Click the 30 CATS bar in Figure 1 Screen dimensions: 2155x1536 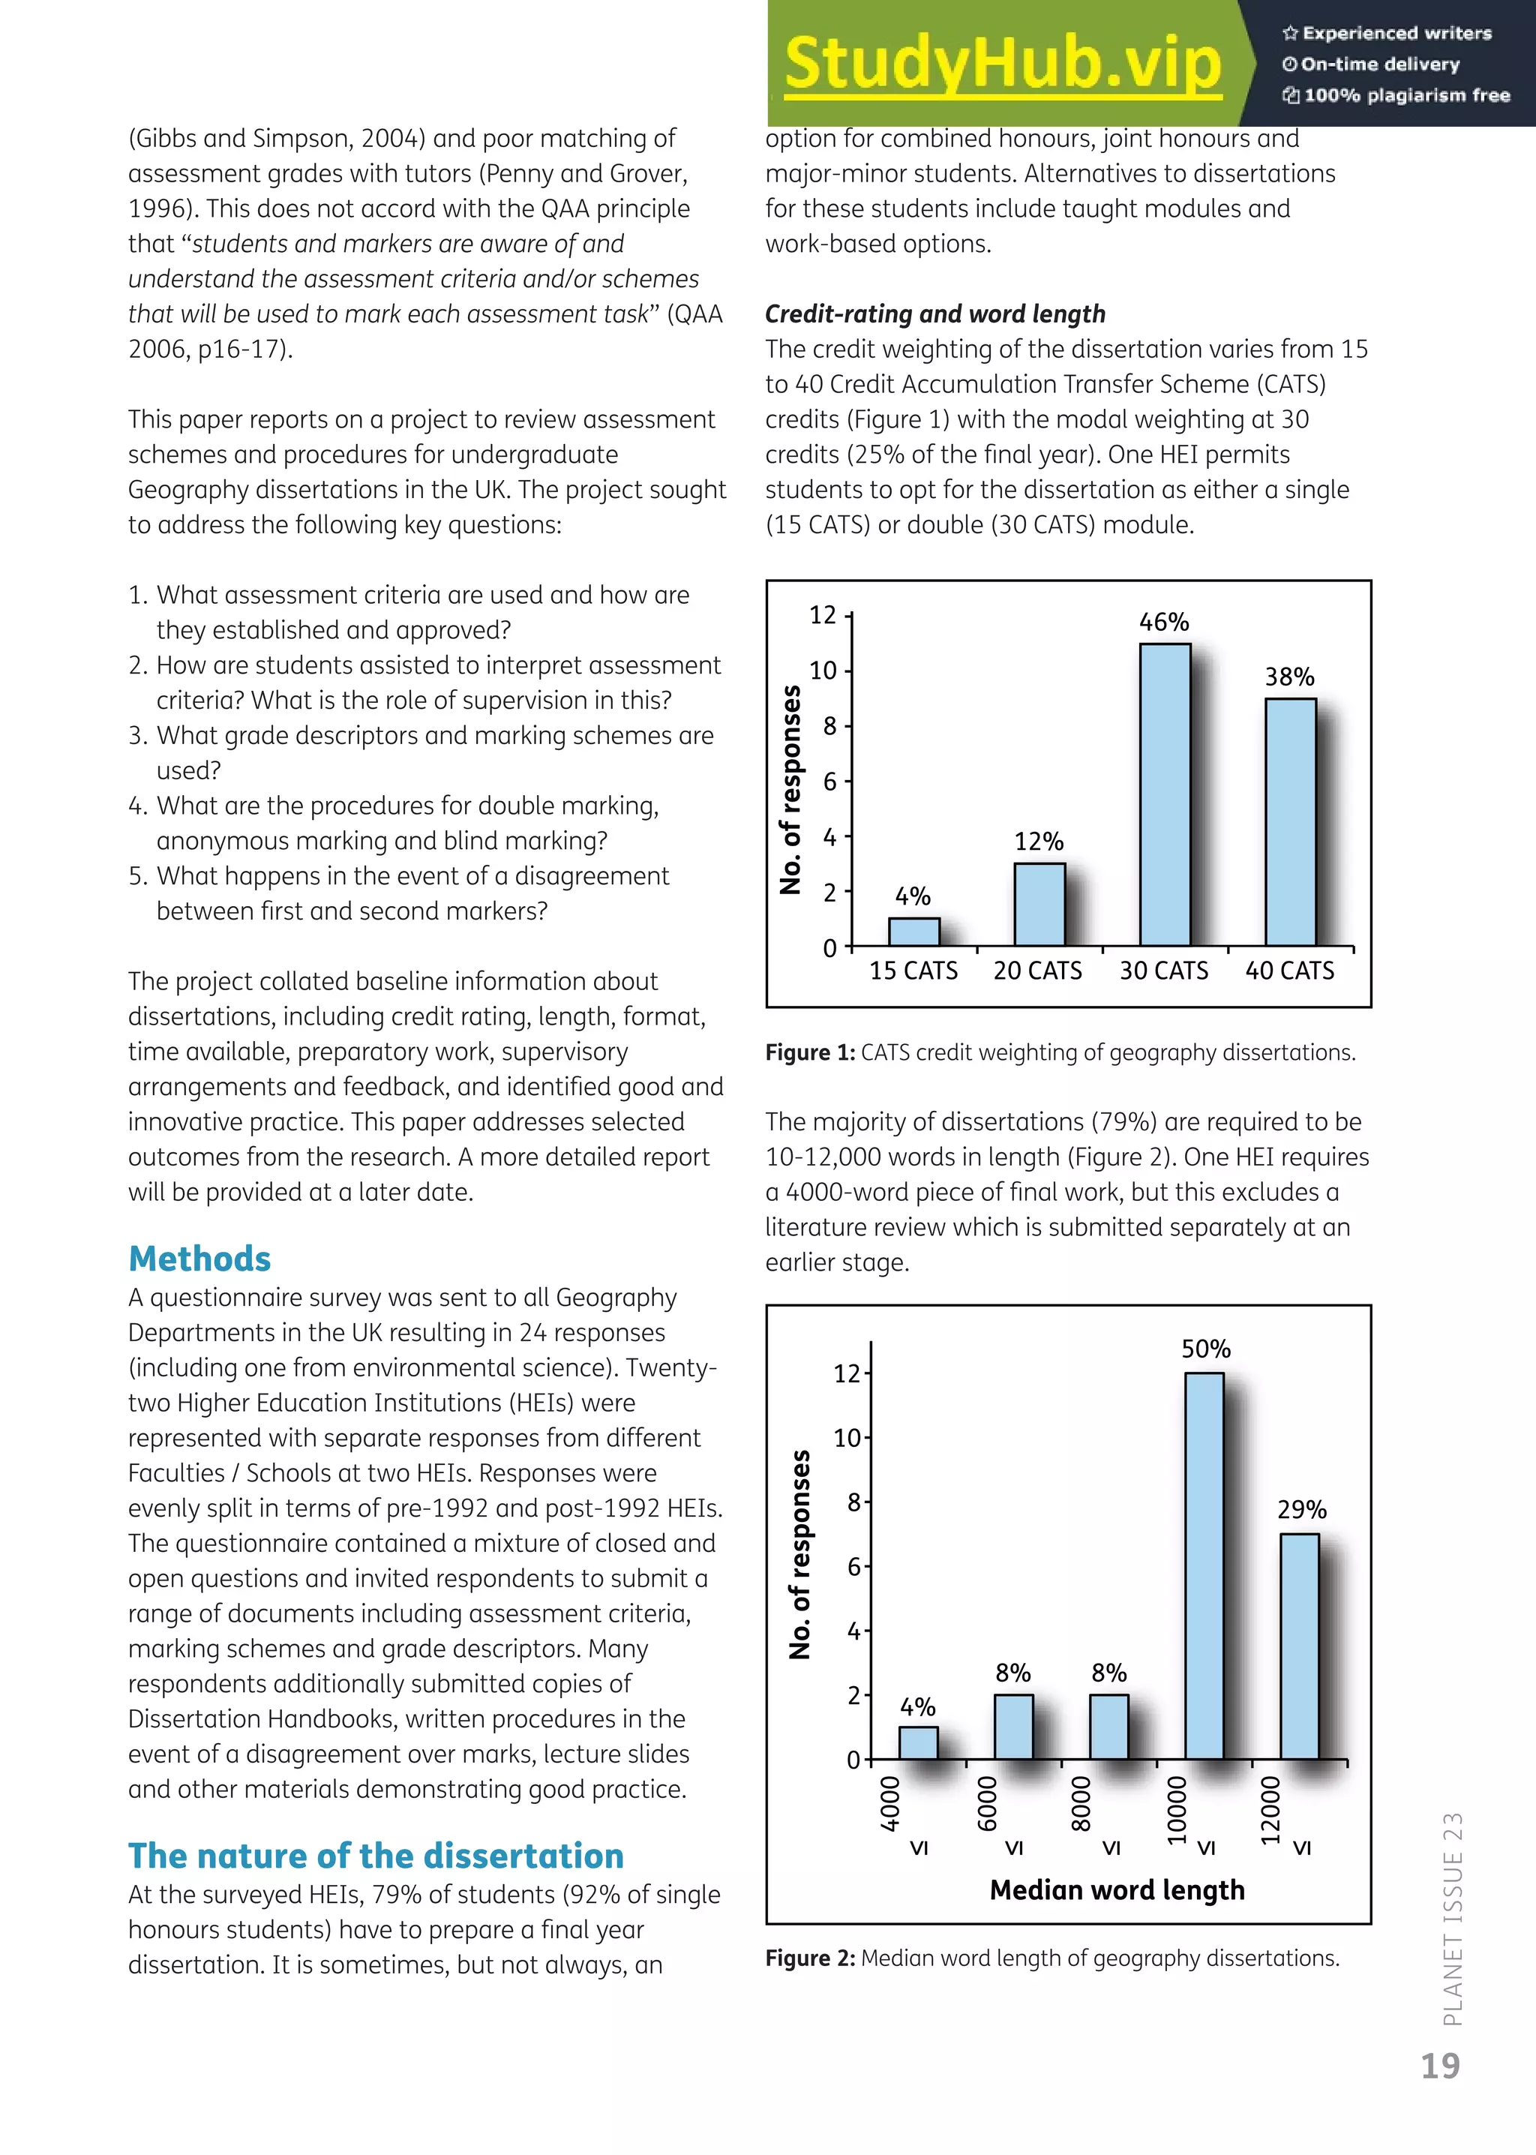point(1164,794)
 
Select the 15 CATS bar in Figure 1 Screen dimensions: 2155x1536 point(913,932)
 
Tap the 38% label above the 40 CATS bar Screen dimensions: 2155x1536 point(1289,677)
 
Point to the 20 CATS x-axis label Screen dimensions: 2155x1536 point(1037,971)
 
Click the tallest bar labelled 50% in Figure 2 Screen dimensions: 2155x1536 point(1204,1565)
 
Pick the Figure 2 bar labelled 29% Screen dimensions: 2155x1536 point(1300,1646)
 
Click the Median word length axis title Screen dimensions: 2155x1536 point(1117,1890)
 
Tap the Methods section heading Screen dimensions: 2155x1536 point(199,1259)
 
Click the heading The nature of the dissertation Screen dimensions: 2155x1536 point(376,1856)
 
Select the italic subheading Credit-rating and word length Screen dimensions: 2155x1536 point(934,314)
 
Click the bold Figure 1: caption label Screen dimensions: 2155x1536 point(809,1053)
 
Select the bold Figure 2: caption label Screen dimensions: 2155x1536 point(809,1958)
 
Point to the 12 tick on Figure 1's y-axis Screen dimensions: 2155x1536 point(823,616)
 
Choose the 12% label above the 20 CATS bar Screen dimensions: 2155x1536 point(1039,842)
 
